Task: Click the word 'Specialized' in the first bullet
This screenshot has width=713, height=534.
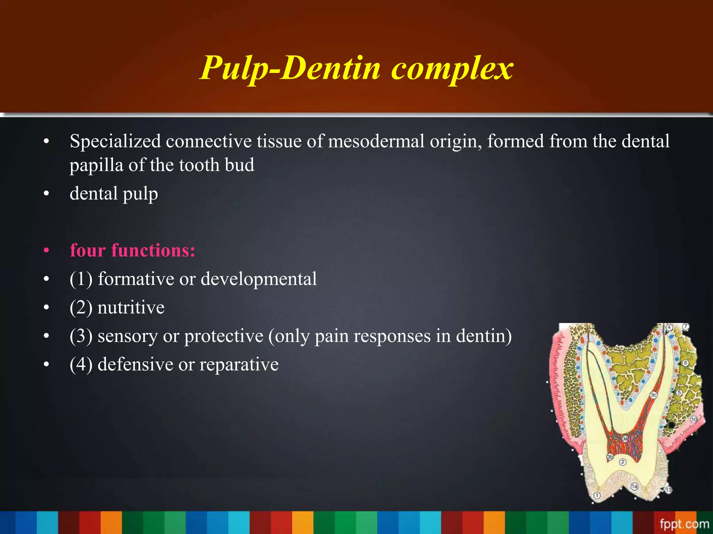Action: pos(115,142)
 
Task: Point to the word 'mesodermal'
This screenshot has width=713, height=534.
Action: pos(376,142)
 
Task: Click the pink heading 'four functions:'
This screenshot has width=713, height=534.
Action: pos(132,250)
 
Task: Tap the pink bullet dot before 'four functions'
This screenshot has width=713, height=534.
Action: pos(46,250)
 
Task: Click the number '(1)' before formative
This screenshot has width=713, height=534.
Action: pos(81,279)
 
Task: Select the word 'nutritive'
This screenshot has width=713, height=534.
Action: pos(131,308)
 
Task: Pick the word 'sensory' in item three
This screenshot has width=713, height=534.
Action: pos(127,336)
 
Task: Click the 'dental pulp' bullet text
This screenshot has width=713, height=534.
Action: pos(113,194)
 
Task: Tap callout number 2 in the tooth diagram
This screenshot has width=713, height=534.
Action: pos(622,462)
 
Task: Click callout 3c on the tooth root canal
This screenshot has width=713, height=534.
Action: pos(653,395)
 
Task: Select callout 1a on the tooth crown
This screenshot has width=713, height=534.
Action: pos(634,486)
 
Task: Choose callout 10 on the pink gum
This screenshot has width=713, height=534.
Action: pos(694,420)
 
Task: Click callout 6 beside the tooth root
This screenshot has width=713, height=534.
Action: pos(685,363)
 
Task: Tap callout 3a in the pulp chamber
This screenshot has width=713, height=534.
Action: pos(625,439)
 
